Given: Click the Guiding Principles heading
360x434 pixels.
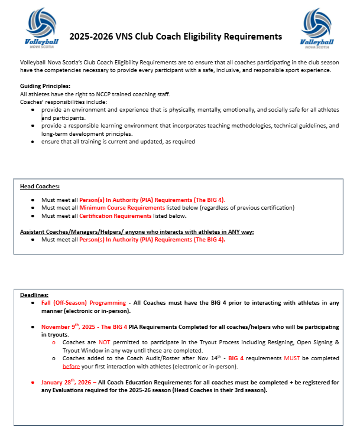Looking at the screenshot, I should coord(45,86).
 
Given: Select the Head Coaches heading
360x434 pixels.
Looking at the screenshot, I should coord(40,187).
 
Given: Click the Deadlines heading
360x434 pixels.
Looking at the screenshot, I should coord(34,295).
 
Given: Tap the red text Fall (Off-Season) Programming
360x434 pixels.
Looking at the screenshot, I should coord(80,303).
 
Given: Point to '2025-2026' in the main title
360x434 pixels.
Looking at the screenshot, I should coord(90,37).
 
